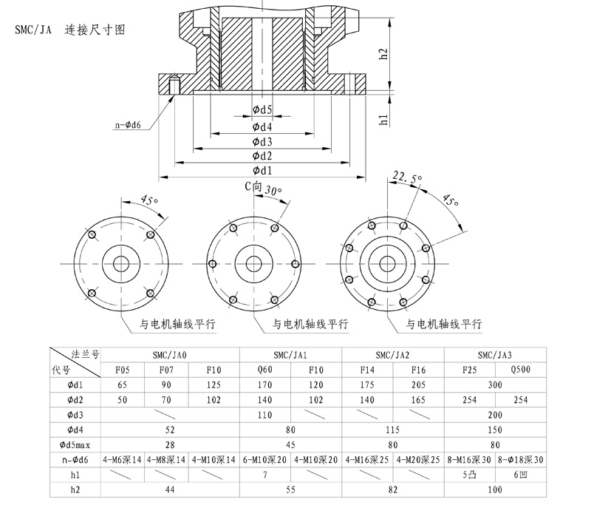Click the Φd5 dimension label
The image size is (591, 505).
tap(262, 110)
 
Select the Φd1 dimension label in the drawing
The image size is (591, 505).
tap(262, 171)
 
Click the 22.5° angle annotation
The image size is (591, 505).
tap(407, 177)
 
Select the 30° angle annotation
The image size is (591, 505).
tap(273, 190)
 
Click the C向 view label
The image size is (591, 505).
tap(253, 187)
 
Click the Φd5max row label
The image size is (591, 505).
tap(75, 444)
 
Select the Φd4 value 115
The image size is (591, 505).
tap(393, 430)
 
